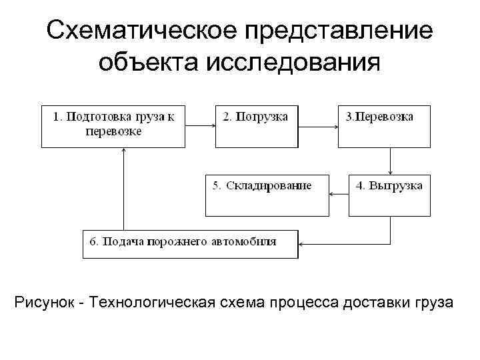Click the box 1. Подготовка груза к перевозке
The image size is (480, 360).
coord(113,125)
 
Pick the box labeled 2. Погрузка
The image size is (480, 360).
coord(255,125)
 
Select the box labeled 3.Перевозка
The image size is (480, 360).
coord(383,125)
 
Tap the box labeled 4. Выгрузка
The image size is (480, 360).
coord(389,195)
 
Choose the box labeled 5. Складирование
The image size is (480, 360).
coord(267,195)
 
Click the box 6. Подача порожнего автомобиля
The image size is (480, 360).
coord(190,243)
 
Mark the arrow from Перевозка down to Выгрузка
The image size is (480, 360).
coord(389,160)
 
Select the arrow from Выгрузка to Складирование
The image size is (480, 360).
coord(339,195)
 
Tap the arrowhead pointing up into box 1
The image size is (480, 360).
coord(124,152)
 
